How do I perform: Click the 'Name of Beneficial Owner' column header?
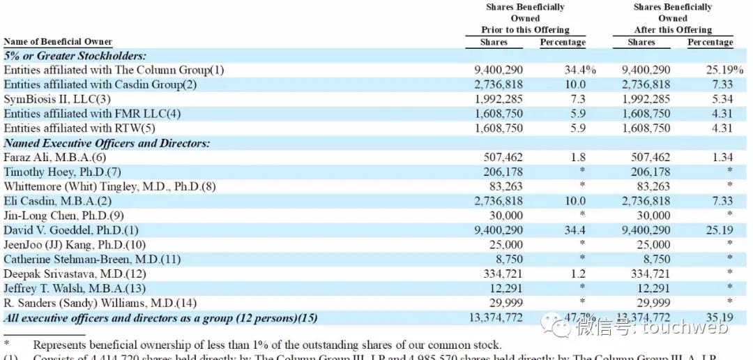(58, 42)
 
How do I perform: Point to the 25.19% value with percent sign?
(724, 70)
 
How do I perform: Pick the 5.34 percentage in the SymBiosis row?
(722, 99)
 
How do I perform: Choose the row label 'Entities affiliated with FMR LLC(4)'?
(92, 114)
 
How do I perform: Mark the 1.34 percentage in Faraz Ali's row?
(722, 158)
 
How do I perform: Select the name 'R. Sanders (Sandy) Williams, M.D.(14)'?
(100, 303)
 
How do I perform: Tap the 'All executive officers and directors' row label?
(160, 318)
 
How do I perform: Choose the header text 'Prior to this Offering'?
(525, 30)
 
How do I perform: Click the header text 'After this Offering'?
(673, 30)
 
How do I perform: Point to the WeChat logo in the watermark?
(559, 325)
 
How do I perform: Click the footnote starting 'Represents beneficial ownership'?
(267, 345)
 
